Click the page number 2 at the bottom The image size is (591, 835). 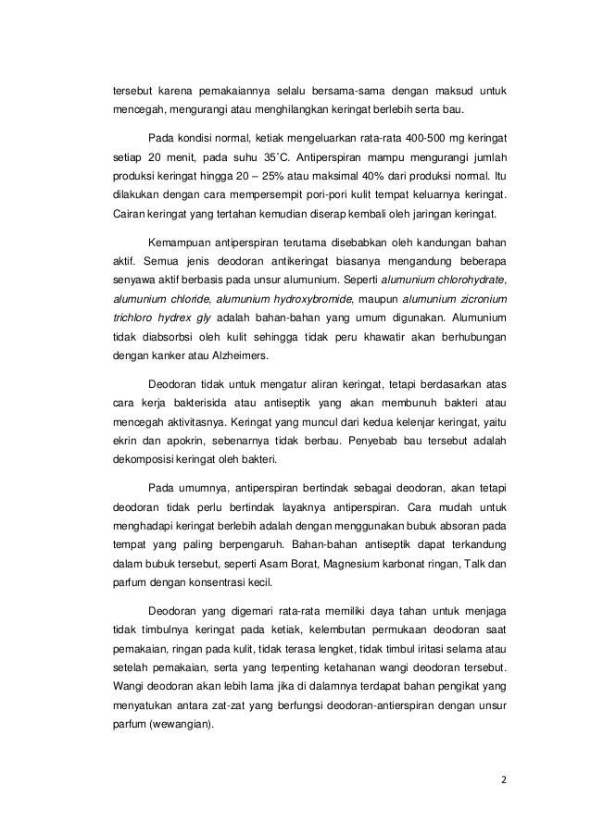(x=504, y=779)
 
